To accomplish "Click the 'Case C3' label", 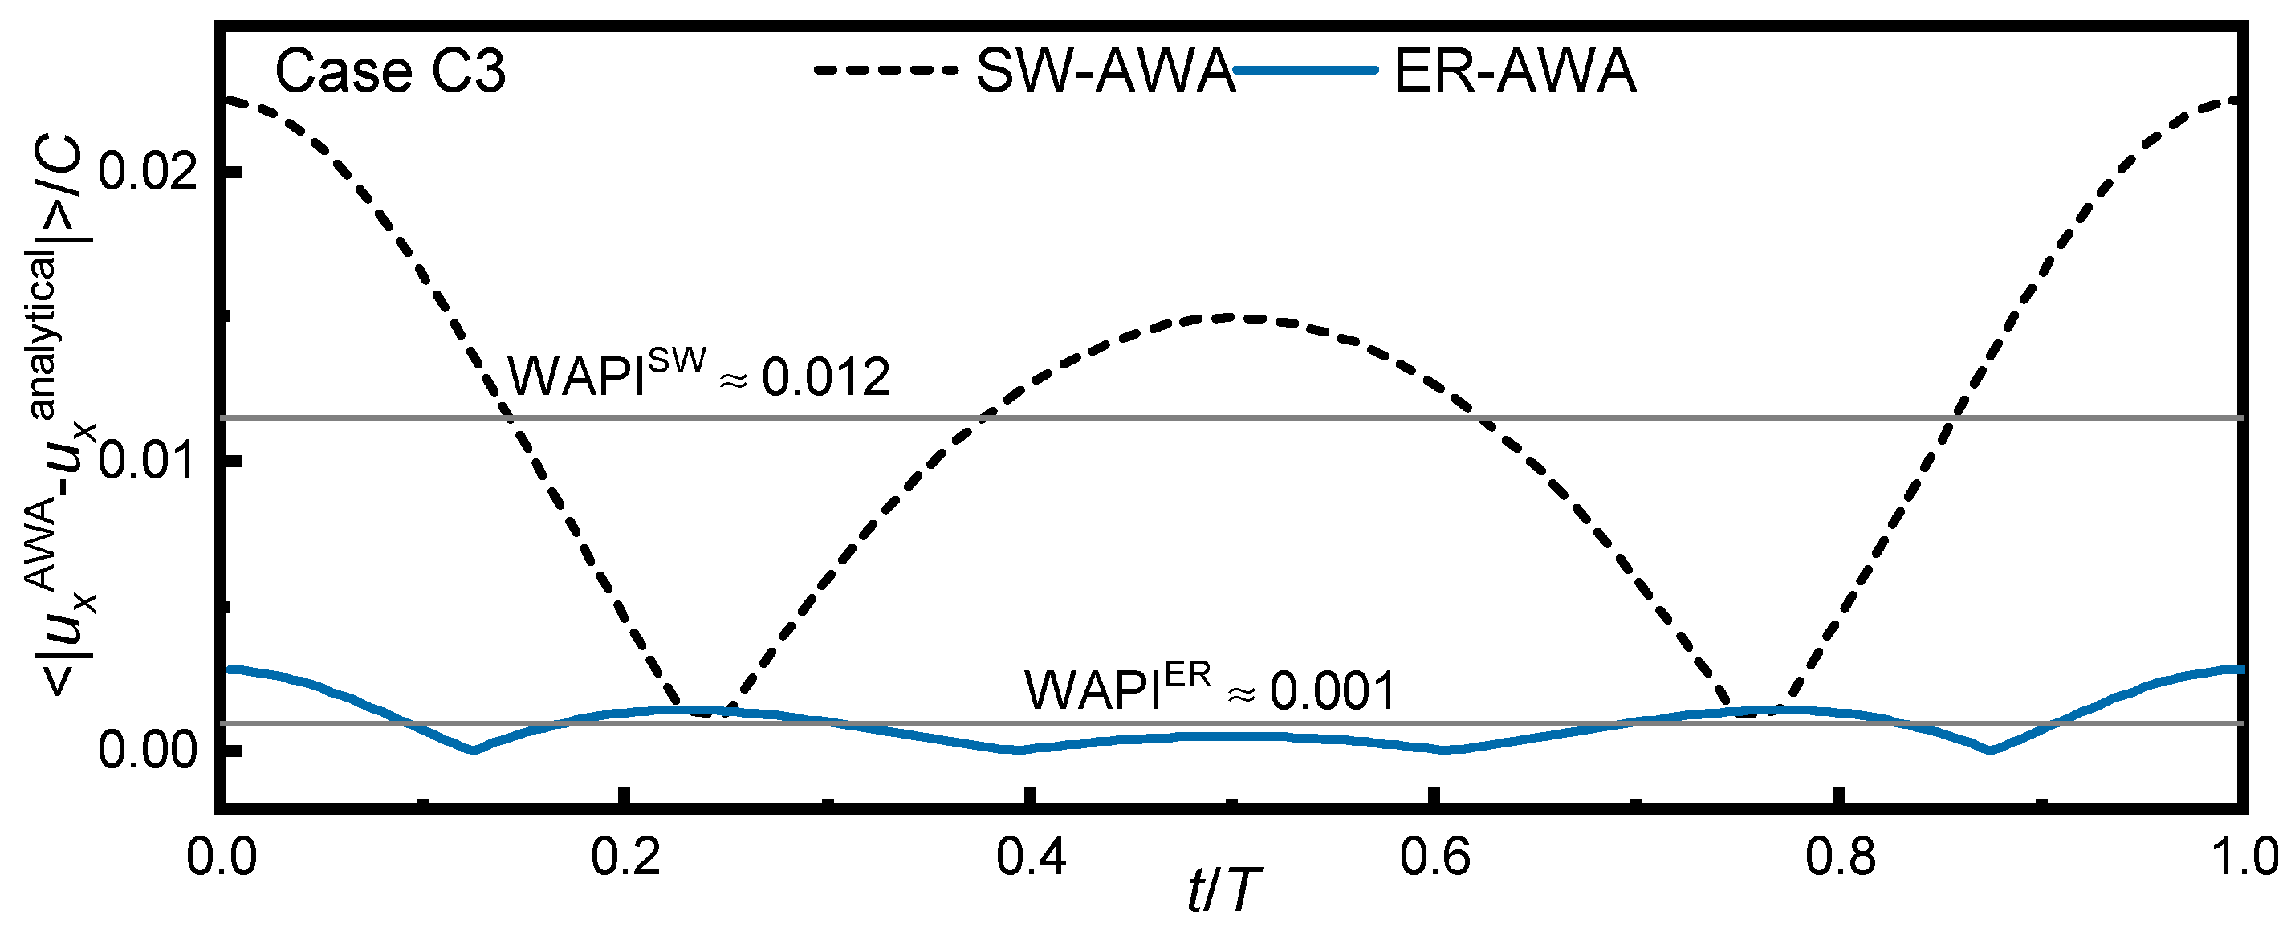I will (x=389, y=72).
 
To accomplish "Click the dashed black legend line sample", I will (x=885, y=70).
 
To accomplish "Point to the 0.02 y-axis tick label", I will (x=147, y=171).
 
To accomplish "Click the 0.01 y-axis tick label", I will (x=147, y=461).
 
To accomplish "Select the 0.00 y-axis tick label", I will (x=147, y=751).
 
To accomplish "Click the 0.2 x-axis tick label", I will (x=626, y=858).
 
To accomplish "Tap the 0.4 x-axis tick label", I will (x=1031, y=858).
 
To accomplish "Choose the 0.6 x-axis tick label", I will (x=1434, y=858).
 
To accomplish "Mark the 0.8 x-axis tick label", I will (x=1840, y=858).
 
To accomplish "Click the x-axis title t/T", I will (x=1226, y=891).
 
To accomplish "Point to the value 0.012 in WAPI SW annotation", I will (x=826, y=378).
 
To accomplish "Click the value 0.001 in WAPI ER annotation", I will (x=1331, y=691).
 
